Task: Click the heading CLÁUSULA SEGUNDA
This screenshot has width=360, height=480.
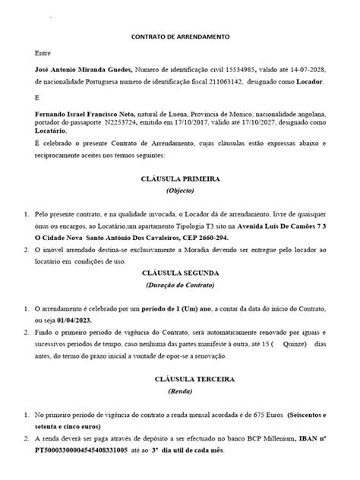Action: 180,272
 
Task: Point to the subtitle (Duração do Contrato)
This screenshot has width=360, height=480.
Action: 180,285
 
